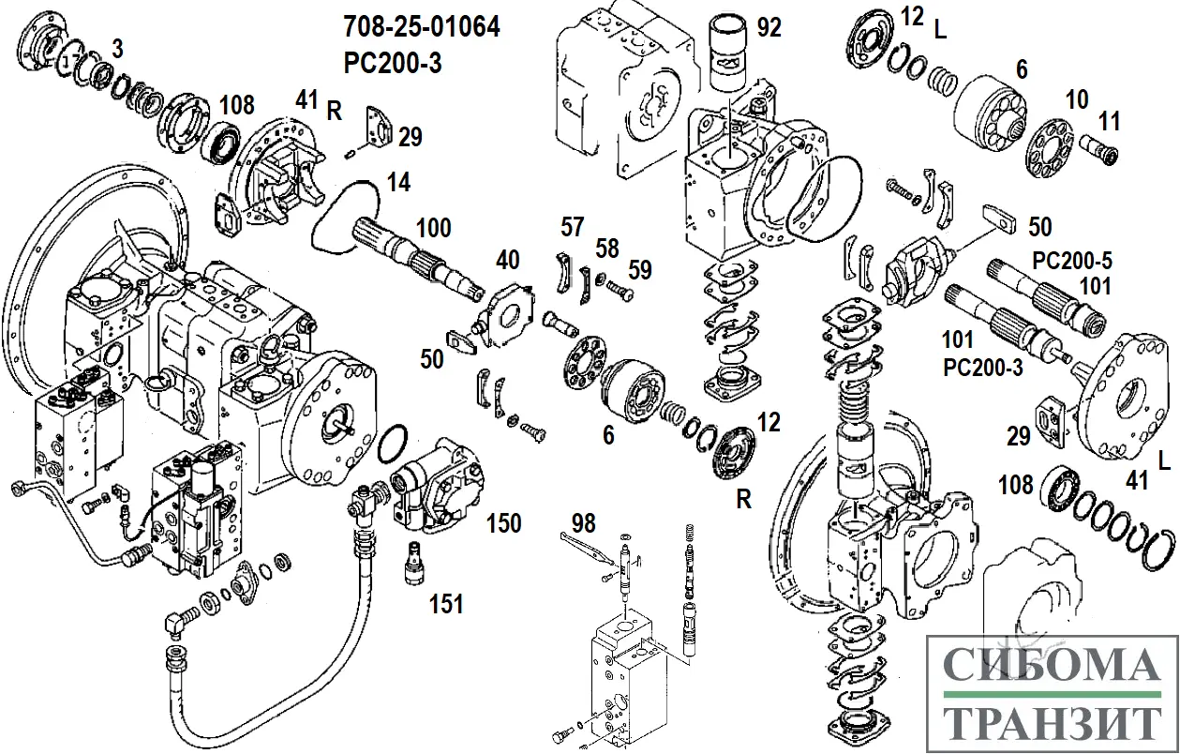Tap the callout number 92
769,27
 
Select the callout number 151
446,604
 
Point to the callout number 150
503,521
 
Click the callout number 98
584,523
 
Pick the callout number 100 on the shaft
433,228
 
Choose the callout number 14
399,183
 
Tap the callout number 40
507,260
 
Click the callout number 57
573,226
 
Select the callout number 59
640,270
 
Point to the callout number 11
1110,121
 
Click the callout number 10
1077,98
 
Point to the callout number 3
116,47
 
